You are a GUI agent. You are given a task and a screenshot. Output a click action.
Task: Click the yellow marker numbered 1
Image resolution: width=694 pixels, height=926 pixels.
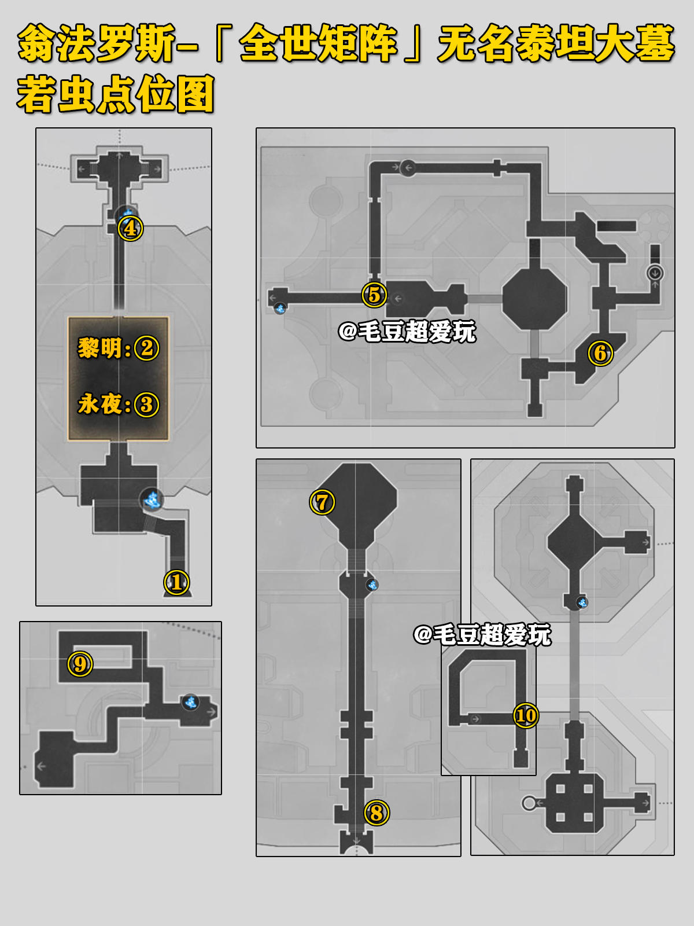(x=177, y=582)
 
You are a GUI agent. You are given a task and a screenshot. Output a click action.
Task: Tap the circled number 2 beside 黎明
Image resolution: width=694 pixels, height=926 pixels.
(x=147, y=348)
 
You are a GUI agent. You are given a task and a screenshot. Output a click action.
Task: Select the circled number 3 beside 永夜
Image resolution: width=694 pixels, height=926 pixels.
(x=147, y=405)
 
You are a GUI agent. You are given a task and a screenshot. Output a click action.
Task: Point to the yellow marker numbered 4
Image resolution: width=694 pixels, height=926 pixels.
(x=130, y=228)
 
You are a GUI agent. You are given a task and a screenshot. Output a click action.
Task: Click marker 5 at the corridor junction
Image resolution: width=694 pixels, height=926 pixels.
(x=374, y=295)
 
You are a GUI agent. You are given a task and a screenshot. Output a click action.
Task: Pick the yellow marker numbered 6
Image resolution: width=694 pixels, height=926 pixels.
(x=600, y=353)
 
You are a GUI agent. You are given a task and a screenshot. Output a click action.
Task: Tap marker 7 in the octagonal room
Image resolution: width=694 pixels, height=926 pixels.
(x=322, y=502)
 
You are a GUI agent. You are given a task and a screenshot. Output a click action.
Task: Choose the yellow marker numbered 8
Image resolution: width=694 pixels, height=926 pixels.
(x=376, y=813)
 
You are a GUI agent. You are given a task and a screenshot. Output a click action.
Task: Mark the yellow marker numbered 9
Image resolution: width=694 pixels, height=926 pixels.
(x=80, y=664)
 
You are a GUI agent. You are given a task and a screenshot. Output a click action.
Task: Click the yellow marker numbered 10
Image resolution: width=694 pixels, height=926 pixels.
(x=526, y=715)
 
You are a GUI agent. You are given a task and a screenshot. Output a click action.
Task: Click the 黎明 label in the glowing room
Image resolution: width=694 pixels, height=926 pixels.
(x=100, y=348)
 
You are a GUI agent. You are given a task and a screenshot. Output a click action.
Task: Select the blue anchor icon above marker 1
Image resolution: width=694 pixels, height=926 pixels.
(x=152, y=499)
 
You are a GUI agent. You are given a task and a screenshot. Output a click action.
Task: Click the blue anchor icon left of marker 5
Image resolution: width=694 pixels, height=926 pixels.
(x=280, y=308)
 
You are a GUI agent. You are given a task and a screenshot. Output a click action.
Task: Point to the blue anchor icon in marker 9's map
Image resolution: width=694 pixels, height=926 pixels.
(x=190, y=703)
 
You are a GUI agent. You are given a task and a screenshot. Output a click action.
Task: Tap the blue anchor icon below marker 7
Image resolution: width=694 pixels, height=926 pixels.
(x=372, y=585)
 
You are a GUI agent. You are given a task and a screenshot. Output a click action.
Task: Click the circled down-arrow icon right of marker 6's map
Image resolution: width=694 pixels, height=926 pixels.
(x=655, y=273)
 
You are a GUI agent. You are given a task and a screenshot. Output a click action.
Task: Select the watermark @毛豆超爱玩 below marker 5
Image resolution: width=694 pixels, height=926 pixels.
(x=407, y=332)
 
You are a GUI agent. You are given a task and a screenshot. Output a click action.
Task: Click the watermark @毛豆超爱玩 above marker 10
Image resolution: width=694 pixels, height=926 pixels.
(x=482, y=635)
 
